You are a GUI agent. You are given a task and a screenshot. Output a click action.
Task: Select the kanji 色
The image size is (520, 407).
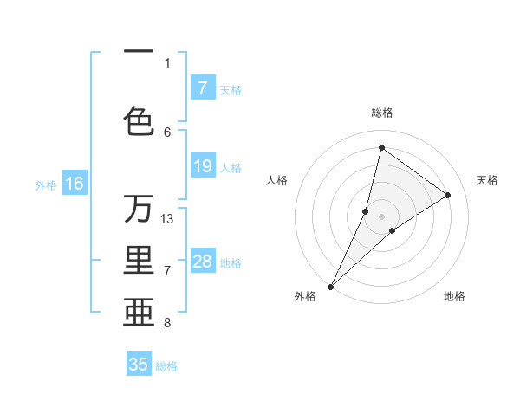(x=139, y=120)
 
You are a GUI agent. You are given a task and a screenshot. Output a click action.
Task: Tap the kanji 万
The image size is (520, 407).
(x=139, y=209)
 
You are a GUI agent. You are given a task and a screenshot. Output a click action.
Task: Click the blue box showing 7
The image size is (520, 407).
(x=203, y=87)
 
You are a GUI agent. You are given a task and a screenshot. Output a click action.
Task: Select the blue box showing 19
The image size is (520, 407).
(x=203, y=166)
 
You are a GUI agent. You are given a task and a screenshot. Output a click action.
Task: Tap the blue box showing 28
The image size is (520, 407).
(x=203, y=262)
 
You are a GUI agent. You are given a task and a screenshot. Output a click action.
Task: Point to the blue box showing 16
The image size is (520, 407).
(x=75, y=184)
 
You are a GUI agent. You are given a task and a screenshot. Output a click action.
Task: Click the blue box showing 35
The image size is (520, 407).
(x=139, y=365)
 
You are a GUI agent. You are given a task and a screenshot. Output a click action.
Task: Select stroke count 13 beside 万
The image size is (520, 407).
(x=167, y=218)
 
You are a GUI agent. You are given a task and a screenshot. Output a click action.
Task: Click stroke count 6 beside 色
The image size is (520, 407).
(x=167, y=132)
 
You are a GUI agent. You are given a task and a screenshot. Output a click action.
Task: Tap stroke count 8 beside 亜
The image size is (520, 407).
(x=167, y=323)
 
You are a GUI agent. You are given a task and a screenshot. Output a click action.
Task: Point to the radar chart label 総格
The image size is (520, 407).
(x=381, y=113)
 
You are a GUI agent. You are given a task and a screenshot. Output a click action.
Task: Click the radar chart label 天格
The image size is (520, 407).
(x=487, y=180)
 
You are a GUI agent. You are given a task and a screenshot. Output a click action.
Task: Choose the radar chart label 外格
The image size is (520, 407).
(x=304, y=296)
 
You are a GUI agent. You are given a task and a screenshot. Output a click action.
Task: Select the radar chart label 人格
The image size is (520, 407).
(x=276, y=180)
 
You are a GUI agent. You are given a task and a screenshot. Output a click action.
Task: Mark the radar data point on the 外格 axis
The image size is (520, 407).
(x=331, y=286)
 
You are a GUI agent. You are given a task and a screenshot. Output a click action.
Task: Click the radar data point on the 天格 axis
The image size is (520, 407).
(x=448, y=195)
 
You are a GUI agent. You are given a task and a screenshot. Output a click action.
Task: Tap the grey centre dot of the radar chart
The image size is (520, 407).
(x=381, y=216)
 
